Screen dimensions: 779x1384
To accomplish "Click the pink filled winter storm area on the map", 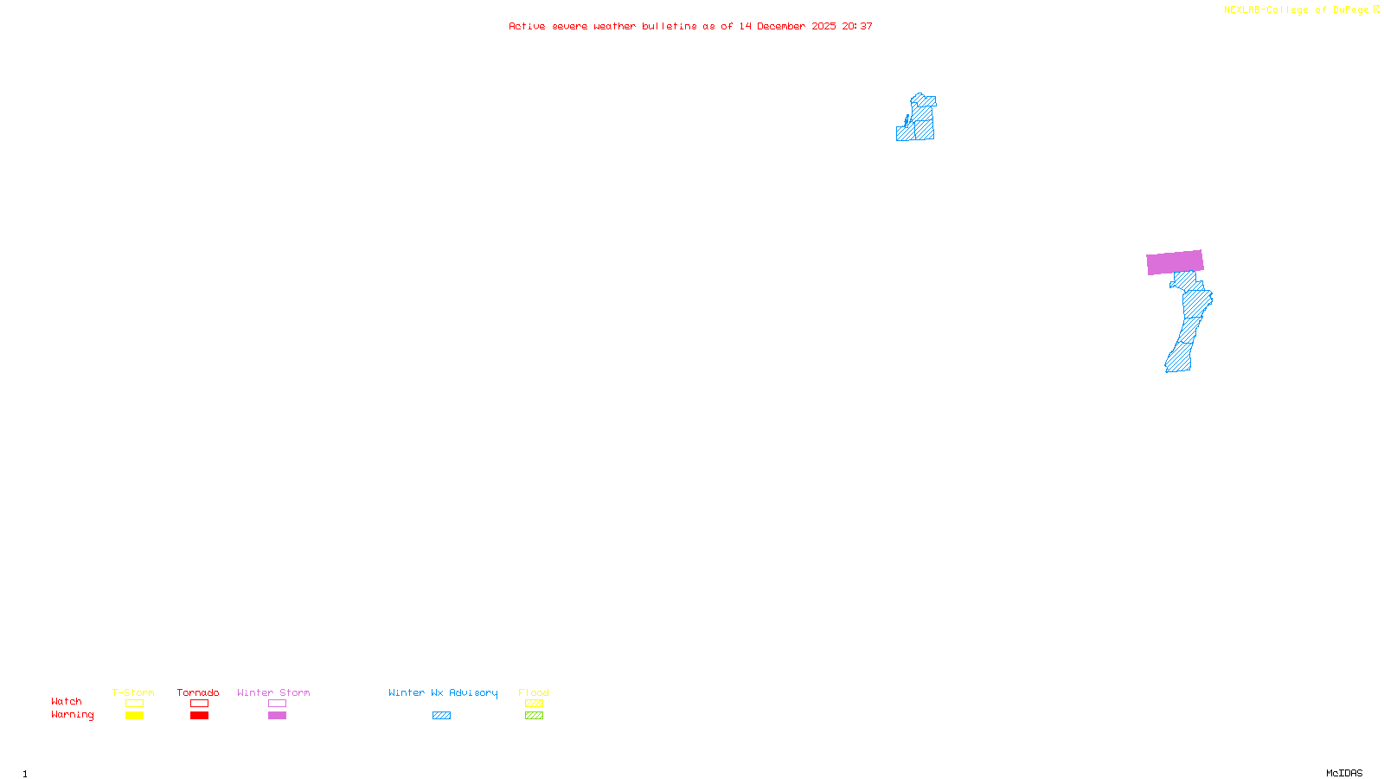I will [x=1175, y=262].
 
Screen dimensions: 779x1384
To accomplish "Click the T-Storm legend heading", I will [x=133, y=692].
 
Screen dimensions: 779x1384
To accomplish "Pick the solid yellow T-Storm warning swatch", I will [x=134, y=716].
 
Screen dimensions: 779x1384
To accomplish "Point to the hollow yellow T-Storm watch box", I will [x=134, y=704].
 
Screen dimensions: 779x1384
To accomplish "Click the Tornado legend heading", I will [x=198, y=692].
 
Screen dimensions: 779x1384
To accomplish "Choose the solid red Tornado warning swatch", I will [x=199, y=716].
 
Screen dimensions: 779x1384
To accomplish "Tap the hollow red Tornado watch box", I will [x=199, y=704].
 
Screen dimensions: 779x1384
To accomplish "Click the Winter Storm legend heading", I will [x=273, y=692].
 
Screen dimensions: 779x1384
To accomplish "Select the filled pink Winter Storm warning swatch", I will [x=277, y=716].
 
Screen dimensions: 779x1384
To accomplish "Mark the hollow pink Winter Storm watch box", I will [x=277, y=704].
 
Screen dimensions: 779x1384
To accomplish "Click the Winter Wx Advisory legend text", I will [x=443, y=692].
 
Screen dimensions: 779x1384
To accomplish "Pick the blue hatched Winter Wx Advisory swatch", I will [x=441, y=716].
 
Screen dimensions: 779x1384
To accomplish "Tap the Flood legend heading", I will [x=534, y=692].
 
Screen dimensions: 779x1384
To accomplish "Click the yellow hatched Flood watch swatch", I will [x=534, y=704].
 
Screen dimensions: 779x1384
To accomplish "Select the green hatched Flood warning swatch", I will [x=534, y=716].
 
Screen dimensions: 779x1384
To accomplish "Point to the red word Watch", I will [x=67, y=702].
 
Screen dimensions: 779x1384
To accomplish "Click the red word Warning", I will [x=72, y=715].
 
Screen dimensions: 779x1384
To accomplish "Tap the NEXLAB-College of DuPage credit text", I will [x=1297, y=10].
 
